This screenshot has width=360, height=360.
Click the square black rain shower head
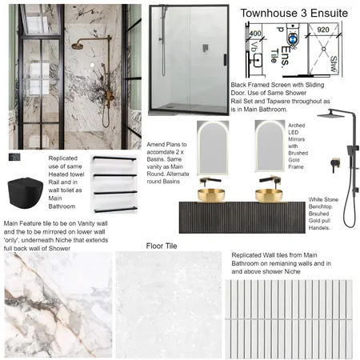pos(332,114)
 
